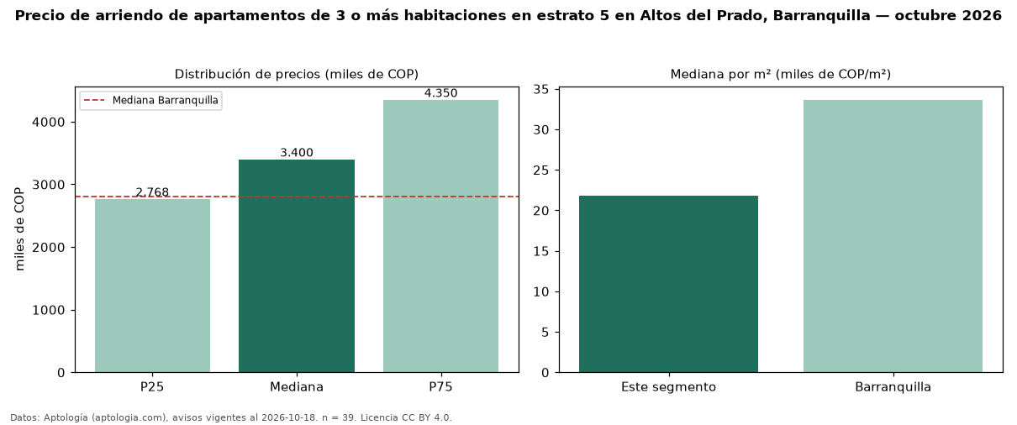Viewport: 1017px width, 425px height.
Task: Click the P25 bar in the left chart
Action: pos(153,286)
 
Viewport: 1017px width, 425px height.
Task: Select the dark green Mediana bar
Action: pos(297,265)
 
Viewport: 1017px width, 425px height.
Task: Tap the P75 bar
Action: pos(441,236)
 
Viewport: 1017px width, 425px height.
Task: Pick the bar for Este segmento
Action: pos(668,284)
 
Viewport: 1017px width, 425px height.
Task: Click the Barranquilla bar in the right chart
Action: pos(893,236)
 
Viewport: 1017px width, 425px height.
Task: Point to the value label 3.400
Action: pos(297,152)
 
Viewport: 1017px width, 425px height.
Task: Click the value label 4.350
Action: pos(441,93)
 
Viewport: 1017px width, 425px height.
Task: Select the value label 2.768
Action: pos(153,192)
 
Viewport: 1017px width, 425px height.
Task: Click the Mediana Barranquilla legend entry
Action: pos(151,100)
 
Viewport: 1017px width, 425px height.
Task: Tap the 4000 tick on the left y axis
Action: pos(49,123)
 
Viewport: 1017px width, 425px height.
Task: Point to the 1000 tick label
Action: pos(49,310)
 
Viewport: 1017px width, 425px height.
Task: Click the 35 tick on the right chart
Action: pos(540,90)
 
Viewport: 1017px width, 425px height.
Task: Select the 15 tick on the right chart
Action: pos(540,252)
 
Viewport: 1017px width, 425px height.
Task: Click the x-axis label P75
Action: pos(441,387)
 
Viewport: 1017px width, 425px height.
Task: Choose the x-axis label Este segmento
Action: pos(668,387)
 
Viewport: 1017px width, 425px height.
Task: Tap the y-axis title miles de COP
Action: pos(19,229)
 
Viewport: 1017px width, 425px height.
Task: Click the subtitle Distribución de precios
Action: pos(248,74)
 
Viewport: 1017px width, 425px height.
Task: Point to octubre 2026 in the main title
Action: pos(948,15)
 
